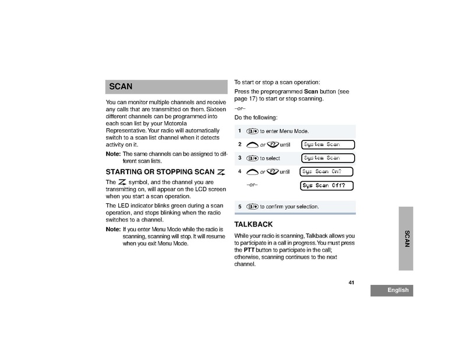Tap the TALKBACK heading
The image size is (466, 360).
point(253,224)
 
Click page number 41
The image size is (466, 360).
point(351,283)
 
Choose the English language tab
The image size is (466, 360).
point(391,291)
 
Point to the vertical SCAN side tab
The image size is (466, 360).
point(407,238)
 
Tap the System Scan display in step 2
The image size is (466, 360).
point(329,144)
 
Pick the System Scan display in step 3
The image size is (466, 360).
point(329,158)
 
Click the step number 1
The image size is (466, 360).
point(239,130)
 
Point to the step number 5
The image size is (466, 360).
point(239,206)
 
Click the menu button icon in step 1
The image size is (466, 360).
point(252,131)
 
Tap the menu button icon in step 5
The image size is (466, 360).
point(252,206)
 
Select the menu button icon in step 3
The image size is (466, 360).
point(252,158)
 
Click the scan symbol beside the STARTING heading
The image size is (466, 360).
point(220,172)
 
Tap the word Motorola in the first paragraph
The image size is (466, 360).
point(175,123)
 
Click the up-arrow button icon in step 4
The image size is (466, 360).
point(252,172)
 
